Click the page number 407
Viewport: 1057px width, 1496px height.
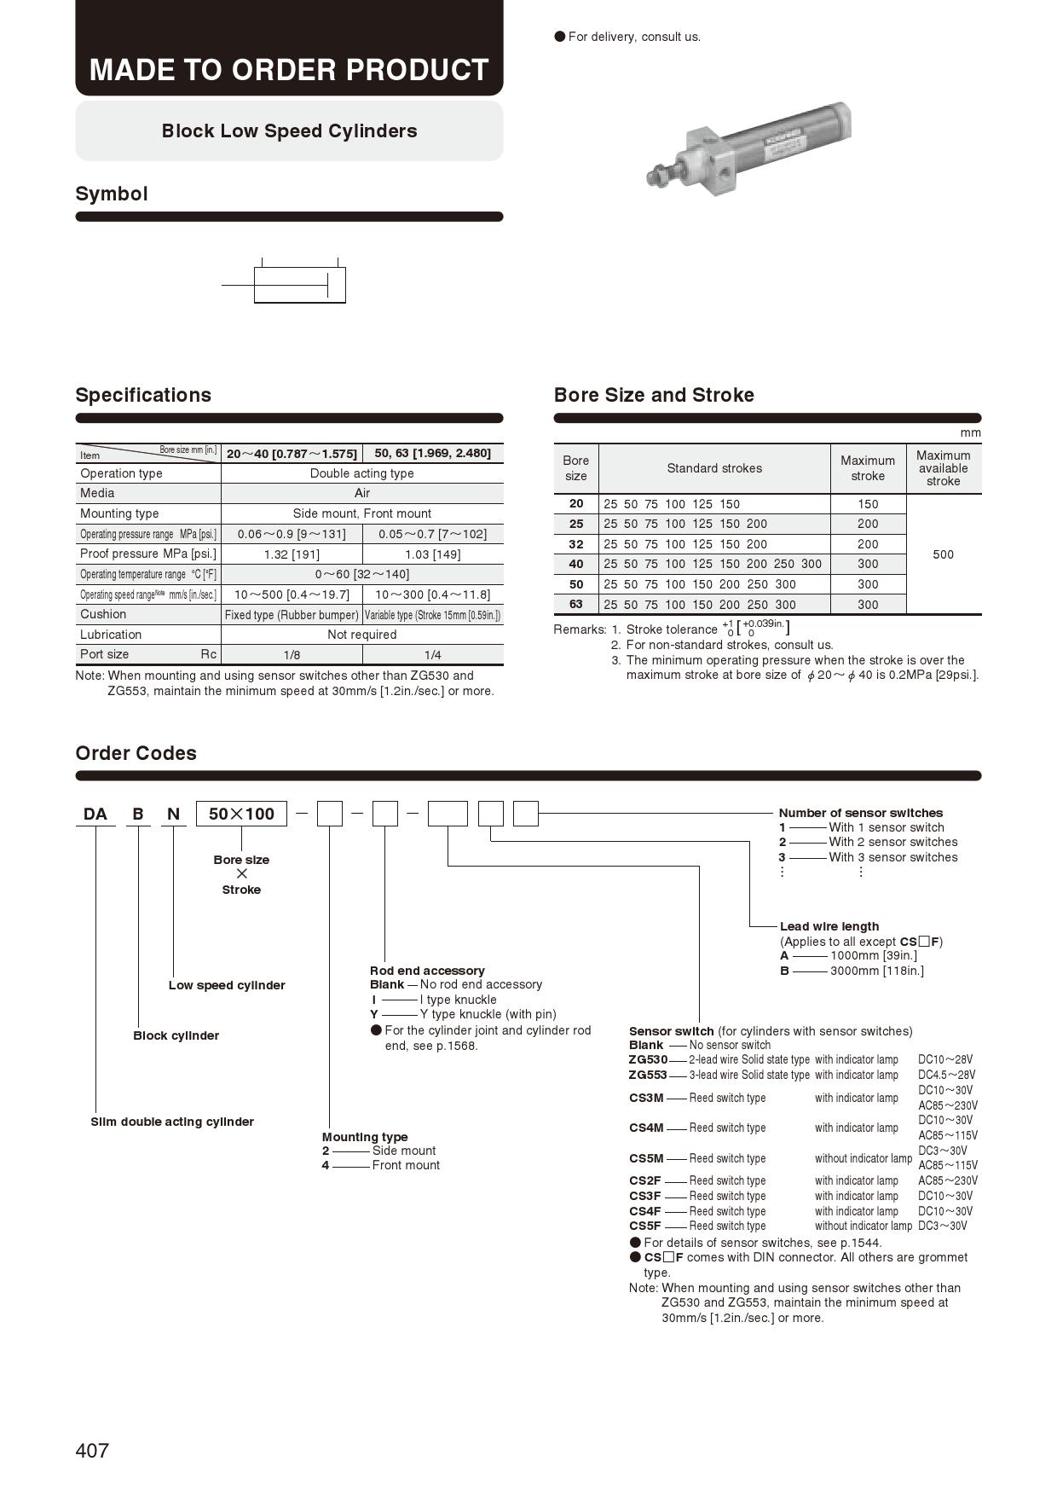pos(92,1450)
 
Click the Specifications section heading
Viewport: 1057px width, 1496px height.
pos(143,395)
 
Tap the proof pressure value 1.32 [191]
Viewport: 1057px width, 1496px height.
pos(292,554)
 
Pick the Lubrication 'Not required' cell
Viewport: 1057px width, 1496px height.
pos(361,635)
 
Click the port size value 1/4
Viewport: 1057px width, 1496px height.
pos(432,655)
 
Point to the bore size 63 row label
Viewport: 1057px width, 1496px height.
pos(576,605)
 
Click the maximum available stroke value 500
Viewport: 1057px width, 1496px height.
pos(943,554)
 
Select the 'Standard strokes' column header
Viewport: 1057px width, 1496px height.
pos(714,468)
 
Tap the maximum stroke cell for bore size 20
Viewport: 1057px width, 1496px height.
pos(868,504)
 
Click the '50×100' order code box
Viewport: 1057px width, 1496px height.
pos(242,814)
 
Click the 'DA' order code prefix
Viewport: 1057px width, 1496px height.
pos(95,814)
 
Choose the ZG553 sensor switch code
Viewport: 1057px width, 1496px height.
pos(648,1075)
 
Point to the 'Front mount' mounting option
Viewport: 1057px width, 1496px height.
pos(406,1165)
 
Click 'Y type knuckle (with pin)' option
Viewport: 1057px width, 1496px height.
pos(488,1014)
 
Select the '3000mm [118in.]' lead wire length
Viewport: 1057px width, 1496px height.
pos(876,971)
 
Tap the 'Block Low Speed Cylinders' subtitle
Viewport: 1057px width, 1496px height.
pos(289,130)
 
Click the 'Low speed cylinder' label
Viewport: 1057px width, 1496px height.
pos(227,985)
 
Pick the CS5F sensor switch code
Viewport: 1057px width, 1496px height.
pos(645,1226)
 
